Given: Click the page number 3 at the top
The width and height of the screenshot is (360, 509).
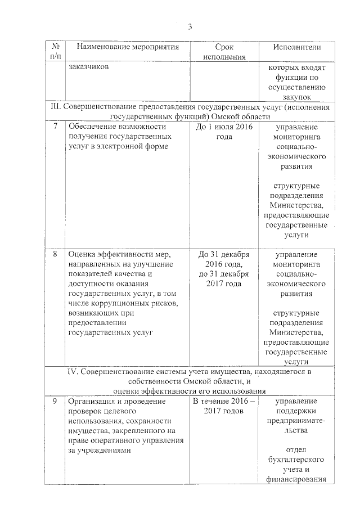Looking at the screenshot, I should [x=190, y=26].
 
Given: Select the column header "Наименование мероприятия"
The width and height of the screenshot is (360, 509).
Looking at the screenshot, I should [x=128, y=47].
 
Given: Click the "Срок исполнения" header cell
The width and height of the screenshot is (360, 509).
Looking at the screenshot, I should [x=224, y=52].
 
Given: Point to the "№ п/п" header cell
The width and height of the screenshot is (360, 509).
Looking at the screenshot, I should [x=55, y=52].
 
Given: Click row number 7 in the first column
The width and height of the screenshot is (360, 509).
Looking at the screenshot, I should [x=55, y=127].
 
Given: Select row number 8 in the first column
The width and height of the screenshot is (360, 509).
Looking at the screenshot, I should [x=55, y=254].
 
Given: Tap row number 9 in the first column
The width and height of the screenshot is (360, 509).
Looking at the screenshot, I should [x=55, y=402].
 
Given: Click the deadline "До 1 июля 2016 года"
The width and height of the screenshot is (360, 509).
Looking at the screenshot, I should [x=224, y=132].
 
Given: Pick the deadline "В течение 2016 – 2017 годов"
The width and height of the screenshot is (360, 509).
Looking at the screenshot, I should [x=224, y=407].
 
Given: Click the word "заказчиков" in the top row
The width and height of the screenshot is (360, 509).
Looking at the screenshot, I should [x=89, y=67].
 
